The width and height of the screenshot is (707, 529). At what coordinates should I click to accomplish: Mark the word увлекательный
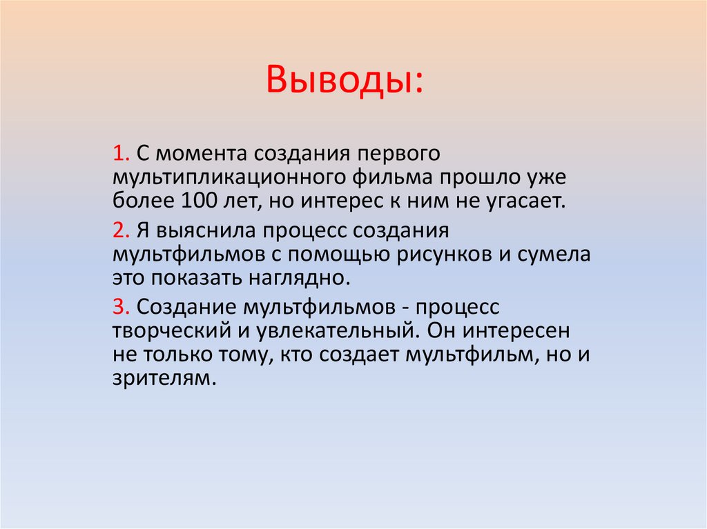coord(335,330)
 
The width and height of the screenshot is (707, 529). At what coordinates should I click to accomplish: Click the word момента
coord(194,152)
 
